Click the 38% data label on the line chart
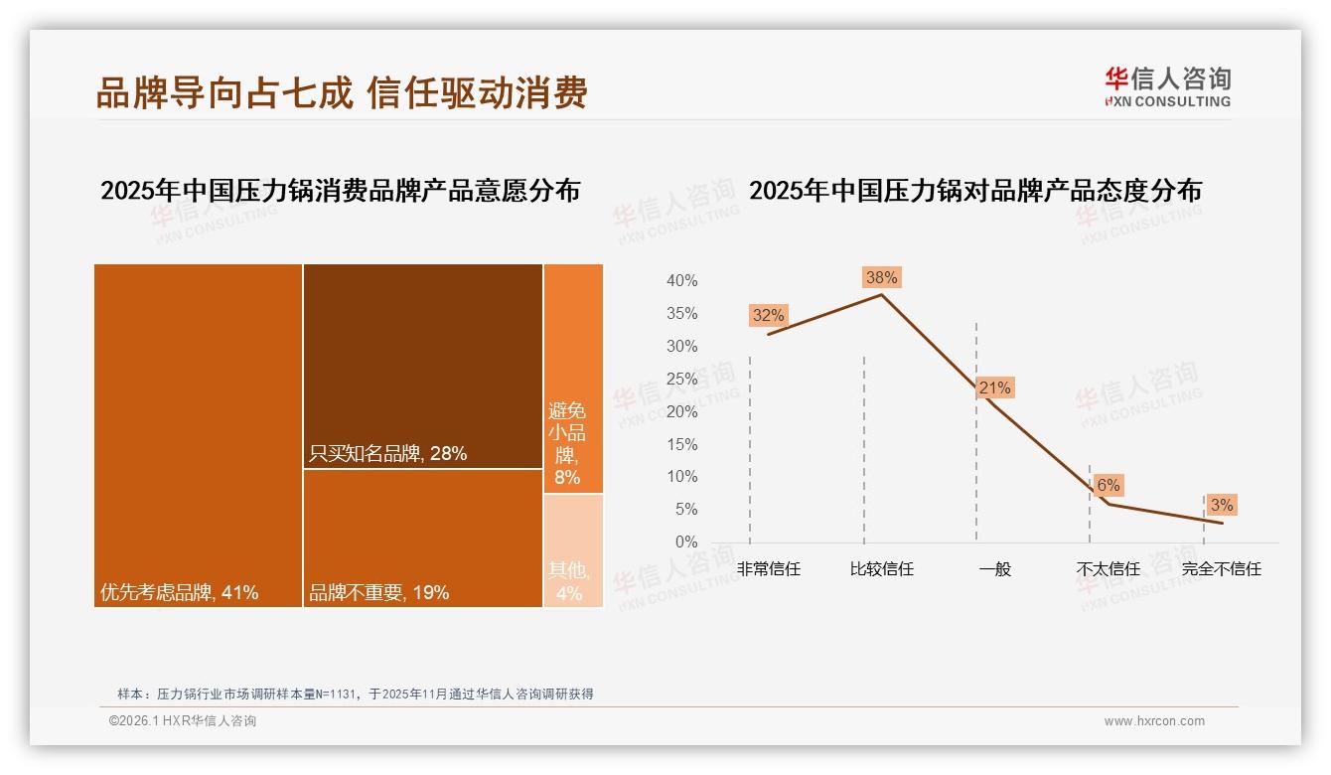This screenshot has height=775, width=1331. [881, 278]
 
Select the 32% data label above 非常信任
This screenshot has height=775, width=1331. [768, 316]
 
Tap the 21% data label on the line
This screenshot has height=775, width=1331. [994, 388]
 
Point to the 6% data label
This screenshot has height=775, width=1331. [1109, 486]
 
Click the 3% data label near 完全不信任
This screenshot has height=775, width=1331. [1222, 506]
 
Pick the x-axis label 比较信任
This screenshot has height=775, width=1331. [881, 569]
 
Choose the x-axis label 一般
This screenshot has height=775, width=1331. [994, 569]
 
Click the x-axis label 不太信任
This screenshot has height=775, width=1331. [1109, 569]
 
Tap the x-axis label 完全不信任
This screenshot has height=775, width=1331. [1221, 569]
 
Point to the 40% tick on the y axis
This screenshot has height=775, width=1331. [681, 281]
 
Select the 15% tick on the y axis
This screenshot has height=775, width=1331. [681, 444]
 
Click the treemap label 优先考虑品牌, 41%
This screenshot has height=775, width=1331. [180, 593]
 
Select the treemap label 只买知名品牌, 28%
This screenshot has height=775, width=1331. [387, 454]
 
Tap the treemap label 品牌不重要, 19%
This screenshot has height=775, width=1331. [378, 593]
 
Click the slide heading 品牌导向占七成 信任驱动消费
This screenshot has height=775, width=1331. [342, 92]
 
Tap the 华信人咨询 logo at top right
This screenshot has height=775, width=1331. [1167, 86]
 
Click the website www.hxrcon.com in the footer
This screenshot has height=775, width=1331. [1154, 721]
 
